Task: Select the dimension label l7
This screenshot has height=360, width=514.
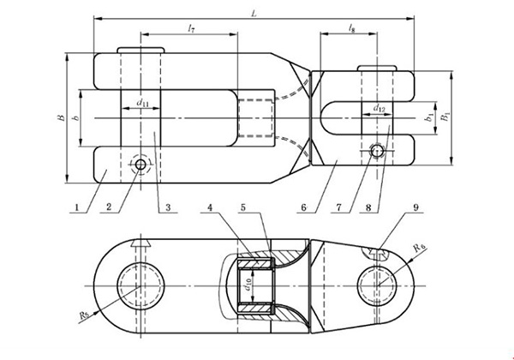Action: click(x=192, y=30)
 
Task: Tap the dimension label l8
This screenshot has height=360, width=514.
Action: click(x=351, y=30)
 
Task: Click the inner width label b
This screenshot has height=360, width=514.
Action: click(x=76, y=117)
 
